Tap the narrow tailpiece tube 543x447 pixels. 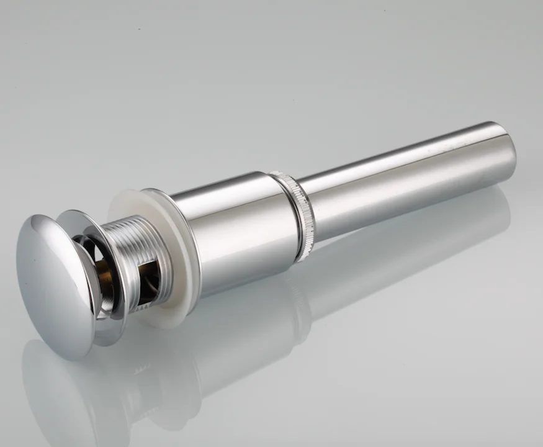pyautogui.click(x=403, y=180)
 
